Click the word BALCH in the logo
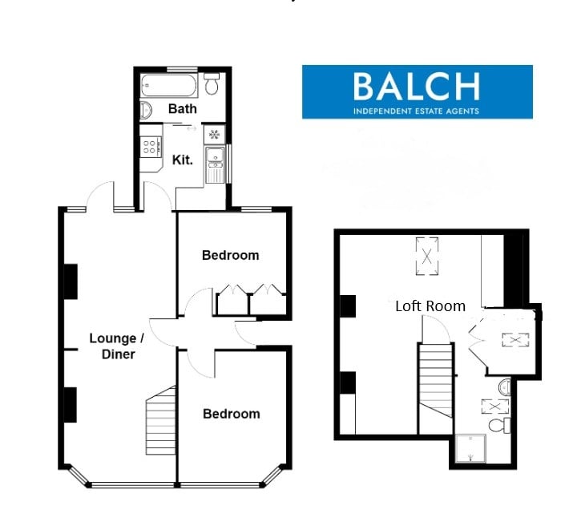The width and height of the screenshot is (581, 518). click(417, 87)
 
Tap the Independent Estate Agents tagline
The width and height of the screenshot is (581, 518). click(416, 111)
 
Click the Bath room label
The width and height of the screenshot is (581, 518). click(182, 108)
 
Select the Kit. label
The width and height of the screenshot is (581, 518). click(183, 160)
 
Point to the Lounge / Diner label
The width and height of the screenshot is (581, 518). click(118, 346)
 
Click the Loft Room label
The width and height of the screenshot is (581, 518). click(430, 306)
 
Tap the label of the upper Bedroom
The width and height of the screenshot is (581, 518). click(231, 255)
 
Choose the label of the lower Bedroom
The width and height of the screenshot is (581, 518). click(232, 414)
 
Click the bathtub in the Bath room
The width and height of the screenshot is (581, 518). click(168, 86)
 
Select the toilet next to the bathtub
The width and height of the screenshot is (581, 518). click(212, 83)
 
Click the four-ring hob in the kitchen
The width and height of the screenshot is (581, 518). click(150, 146)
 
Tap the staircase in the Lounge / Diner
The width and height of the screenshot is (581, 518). click(161, 420)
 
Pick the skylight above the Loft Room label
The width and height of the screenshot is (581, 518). click(427, 256)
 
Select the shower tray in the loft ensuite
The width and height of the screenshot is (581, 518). click(470, 449)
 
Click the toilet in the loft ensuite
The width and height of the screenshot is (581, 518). click(499, 425)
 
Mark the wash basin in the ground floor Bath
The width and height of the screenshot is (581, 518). click(146, 111)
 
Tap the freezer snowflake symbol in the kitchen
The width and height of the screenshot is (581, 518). click(214, 134)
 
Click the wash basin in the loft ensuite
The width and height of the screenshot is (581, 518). click(505, 387)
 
